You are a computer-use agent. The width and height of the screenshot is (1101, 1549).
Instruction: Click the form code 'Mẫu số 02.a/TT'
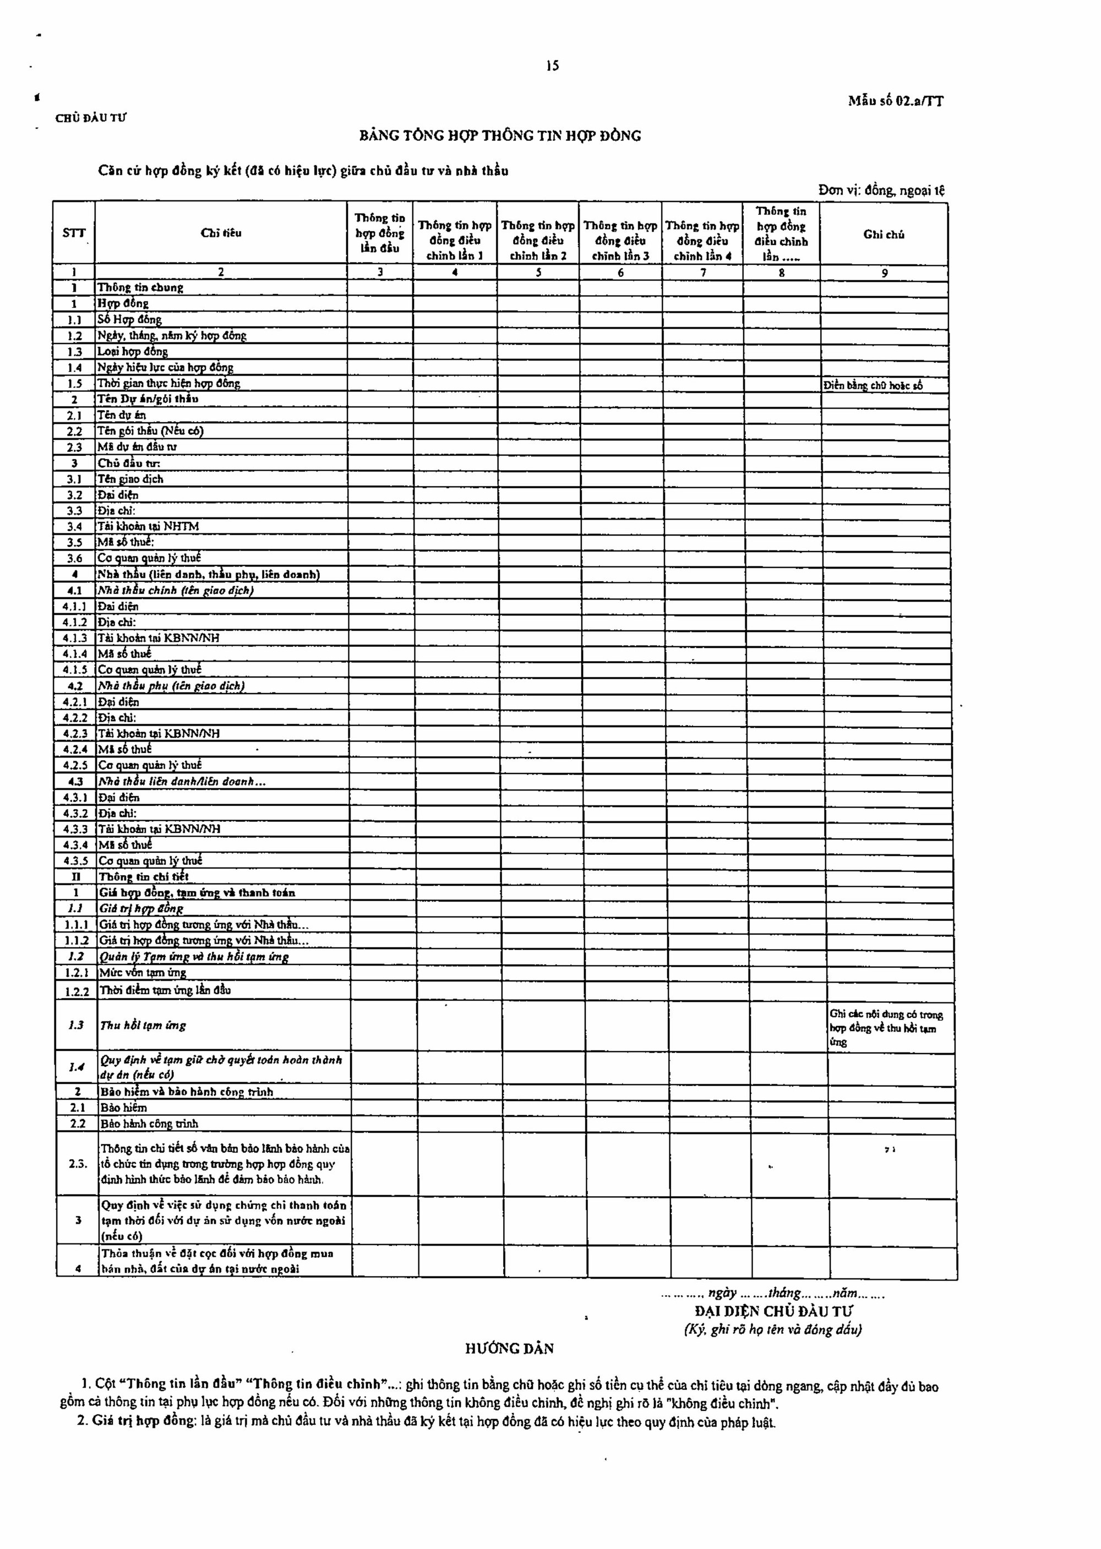coord(895,102)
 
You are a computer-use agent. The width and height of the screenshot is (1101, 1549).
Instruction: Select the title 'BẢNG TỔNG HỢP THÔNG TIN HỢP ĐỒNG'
coord(500,135)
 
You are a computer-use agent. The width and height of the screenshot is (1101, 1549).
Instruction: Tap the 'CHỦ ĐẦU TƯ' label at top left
coord(91,118)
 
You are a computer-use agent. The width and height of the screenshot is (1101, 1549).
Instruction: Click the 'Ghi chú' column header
coord(884,234)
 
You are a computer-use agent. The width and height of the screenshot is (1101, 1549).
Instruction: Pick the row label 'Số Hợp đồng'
coord(129,319)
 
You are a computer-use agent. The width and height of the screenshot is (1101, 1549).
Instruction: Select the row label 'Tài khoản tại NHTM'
coord(149,526)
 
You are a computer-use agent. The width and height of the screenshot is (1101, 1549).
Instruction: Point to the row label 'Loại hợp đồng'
coord(133,351)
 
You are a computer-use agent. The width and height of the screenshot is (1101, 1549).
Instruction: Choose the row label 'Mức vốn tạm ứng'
coord(143,973)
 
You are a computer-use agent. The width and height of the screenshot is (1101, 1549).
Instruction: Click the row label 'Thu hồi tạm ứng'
coord(143,1026)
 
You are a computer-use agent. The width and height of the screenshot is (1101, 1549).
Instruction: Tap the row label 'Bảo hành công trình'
coord(149,1124)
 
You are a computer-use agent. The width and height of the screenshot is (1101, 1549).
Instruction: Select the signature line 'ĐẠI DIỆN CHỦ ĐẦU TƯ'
coord(773,1311)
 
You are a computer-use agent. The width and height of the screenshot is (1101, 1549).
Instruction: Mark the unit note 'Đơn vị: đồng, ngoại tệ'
coord(881,190)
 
